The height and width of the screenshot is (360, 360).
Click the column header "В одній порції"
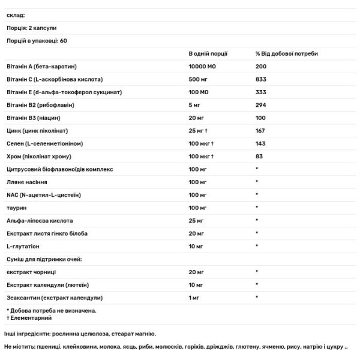tap(208, 53)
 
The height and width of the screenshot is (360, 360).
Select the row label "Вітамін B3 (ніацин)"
tap(34, 118)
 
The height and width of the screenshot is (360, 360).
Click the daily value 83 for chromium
tap(259, 156)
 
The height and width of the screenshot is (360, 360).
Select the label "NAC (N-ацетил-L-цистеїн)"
tap(43, 194)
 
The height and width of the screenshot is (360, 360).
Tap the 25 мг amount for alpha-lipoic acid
tap(196, 220)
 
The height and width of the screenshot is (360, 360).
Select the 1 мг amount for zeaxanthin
tap(194, 298)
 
